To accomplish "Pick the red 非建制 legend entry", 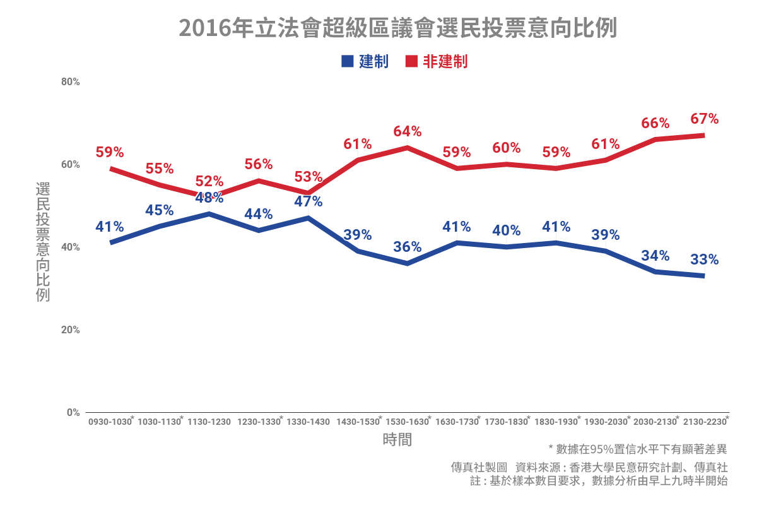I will pyautogui.click(x=437, y=61).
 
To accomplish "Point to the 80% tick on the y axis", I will pyautogui.click(x=70, y=81).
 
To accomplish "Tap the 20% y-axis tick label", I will pyautogui.click(x=70, y=330).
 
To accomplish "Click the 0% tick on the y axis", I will pyautogui.click(x=73, y=412).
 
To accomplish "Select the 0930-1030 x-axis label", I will pyautogui.click(x=110, y=422).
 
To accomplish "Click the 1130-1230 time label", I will pyautogui.click(x=209, y=422).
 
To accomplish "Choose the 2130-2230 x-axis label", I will pyautogui.click(x=704, y=422).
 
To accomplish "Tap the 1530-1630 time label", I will pyautogui.click(x=407, y=422).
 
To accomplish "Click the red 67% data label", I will pyautogui.click(x=704, y=119).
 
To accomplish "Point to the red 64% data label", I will pyautogui.click(x=407, y=131).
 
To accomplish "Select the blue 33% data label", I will pyautogui.click(x=704, y=259).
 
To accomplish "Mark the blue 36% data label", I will pyautogui.click(x=407, y=247).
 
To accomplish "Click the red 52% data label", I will pyautogui.click(x=209, y=181).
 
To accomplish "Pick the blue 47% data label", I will pyautogui.click(x=308, y=201).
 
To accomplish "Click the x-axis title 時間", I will pyautogui.click(x=397, y=440).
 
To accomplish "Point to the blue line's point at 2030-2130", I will pyautogui.click(x=655, y=271).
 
